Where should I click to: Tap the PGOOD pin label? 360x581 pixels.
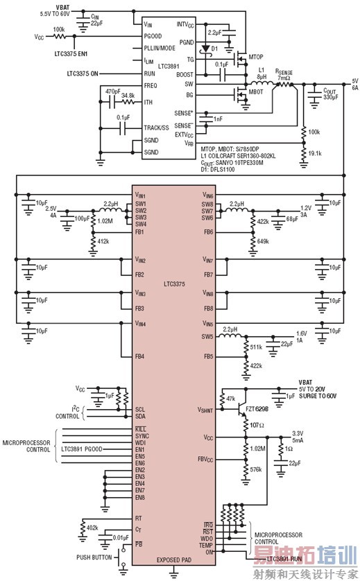coord(153,35)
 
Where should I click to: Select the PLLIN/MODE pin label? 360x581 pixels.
coord(159,49)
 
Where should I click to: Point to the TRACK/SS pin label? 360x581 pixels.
coord(157,128)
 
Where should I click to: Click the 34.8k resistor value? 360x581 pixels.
coord(128,95)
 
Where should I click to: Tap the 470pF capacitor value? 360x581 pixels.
coord(113,91)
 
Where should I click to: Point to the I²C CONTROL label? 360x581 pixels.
coord(67,413)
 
